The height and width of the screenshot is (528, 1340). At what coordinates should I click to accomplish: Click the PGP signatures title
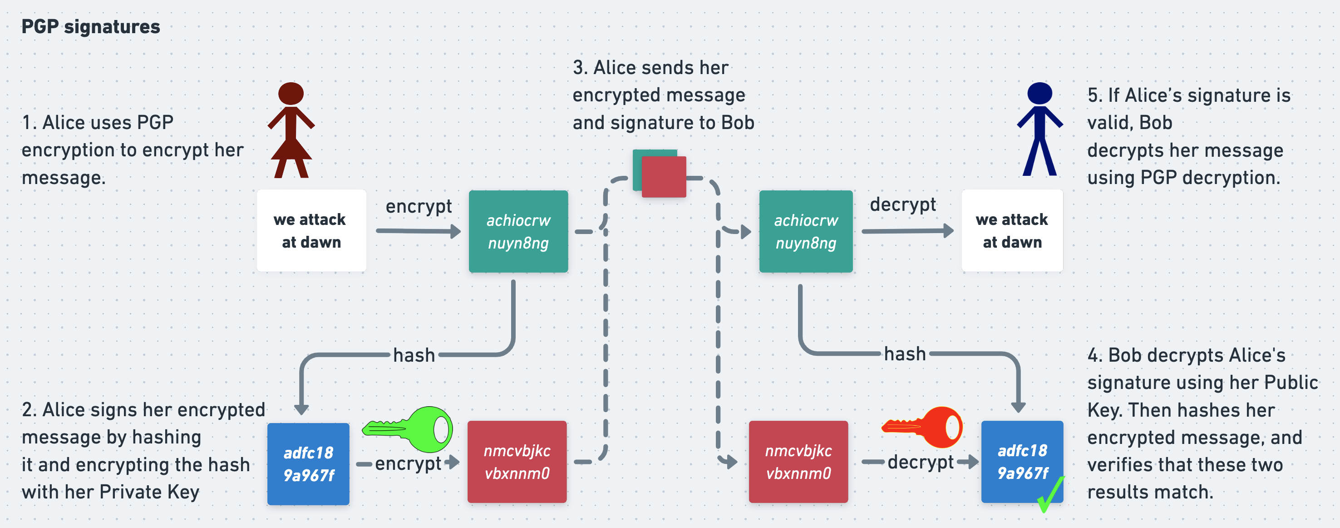tap(90, 26)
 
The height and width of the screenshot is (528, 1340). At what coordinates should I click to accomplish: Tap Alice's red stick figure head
tap(291, 94)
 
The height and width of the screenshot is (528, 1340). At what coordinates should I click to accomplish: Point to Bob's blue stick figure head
tap(1039, 94)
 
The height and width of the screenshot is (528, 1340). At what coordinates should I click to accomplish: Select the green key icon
tap(409, 429)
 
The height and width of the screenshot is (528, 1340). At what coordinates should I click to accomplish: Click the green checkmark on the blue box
tap(1050, 495)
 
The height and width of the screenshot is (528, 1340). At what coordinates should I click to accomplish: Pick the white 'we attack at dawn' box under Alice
tap(311, 231)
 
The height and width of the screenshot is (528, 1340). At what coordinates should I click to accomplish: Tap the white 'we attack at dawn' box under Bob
tap(1012, 231)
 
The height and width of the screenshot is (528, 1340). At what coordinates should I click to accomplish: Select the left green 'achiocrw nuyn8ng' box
tap(518, 231)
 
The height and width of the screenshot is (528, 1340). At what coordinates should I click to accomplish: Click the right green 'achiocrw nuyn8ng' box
tap(806, 231)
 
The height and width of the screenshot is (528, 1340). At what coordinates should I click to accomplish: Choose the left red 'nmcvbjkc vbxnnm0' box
tap(517, 462)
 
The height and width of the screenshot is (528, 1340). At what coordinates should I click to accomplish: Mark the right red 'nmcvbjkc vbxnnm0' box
tap(798, 462)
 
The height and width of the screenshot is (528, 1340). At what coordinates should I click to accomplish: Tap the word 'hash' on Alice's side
tap(414, 355)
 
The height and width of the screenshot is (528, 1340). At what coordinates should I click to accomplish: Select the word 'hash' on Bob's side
tap(905, 354)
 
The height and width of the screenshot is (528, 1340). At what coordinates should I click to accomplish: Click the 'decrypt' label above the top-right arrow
tap(902, 204)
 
